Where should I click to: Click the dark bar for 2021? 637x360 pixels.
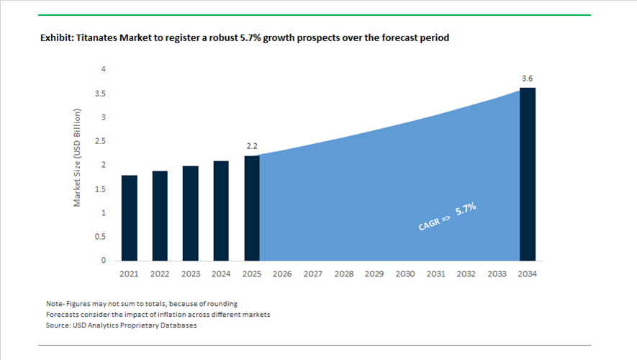[x=129, y=217]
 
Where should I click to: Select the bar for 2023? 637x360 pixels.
[x=190, y=213]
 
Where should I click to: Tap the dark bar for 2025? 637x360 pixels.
[x=252, y=208]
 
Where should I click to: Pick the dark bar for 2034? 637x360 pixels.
[x=528, y=174]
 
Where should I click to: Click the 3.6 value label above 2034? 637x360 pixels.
[x=528, y=78]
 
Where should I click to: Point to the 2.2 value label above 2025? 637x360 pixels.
[x=252, y=146]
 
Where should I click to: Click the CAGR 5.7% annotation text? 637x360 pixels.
[x=447, y=217]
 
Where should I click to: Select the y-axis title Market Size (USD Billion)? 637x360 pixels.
[x=78, y=158]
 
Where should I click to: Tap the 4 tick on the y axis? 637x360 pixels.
[x=104, y=69]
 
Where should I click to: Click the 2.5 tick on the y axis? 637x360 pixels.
[x=101, y=141]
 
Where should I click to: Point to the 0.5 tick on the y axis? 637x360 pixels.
[x=101, y=237]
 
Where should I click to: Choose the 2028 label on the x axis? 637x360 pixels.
[x=343, y=274]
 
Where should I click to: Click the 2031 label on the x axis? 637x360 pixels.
[x=435, y=274]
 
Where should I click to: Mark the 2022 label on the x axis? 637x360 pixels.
[x=160, y=274]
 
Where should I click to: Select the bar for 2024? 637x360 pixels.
[x=221, y=210]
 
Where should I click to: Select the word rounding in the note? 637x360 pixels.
[x=222, y=303]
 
